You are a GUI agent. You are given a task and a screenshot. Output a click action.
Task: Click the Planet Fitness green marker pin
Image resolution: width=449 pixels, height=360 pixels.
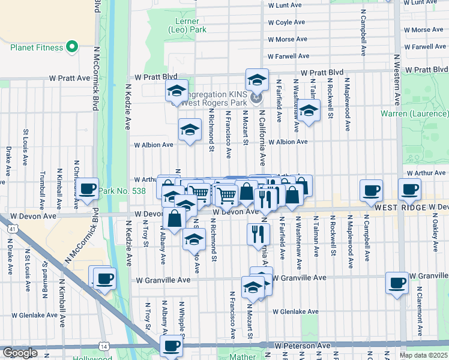(73, 46)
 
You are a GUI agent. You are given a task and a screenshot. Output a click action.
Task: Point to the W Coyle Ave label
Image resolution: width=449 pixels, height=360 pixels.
(286, 22)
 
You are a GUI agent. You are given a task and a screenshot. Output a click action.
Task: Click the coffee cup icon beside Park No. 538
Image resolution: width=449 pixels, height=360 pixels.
(88, 188)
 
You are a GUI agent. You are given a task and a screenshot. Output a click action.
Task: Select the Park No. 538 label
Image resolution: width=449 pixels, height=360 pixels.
(122, 191)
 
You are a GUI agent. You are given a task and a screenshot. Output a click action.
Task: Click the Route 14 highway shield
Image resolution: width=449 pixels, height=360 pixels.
(106, 346)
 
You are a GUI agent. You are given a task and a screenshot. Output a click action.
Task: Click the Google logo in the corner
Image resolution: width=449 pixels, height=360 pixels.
(19, 353)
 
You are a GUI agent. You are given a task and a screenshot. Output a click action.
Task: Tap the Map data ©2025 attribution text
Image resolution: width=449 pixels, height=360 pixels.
(423, 355)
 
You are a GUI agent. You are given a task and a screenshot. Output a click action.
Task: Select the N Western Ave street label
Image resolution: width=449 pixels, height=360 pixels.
(397, 79)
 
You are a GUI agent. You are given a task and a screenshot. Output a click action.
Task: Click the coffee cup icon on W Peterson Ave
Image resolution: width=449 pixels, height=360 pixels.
(172, 346)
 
